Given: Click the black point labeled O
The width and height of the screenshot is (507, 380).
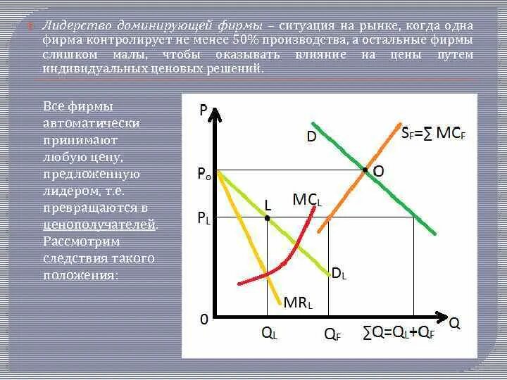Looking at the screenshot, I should pos(365,170).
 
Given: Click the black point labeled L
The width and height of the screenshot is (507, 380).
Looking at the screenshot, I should pos(268,218).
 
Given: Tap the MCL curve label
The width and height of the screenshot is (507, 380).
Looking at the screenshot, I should pos(307,200).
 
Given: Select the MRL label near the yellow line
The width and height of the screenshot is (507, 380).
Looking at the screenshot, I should pos(298,303).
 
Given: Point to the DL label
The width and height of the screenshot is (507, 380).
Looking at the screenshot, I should pos(338,274).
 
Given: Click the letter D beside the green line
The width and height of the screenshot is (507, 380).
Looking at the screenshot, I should pos(311,137).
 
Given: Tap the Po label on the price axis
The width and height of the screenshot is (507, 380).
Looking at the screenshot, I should pos(205,173).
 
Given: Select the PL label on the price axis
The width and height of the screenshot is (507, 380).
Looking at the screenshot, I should pos(204,220).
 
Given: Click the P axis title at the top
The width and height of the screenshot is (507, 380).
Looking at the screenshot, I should pos(204,110).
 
